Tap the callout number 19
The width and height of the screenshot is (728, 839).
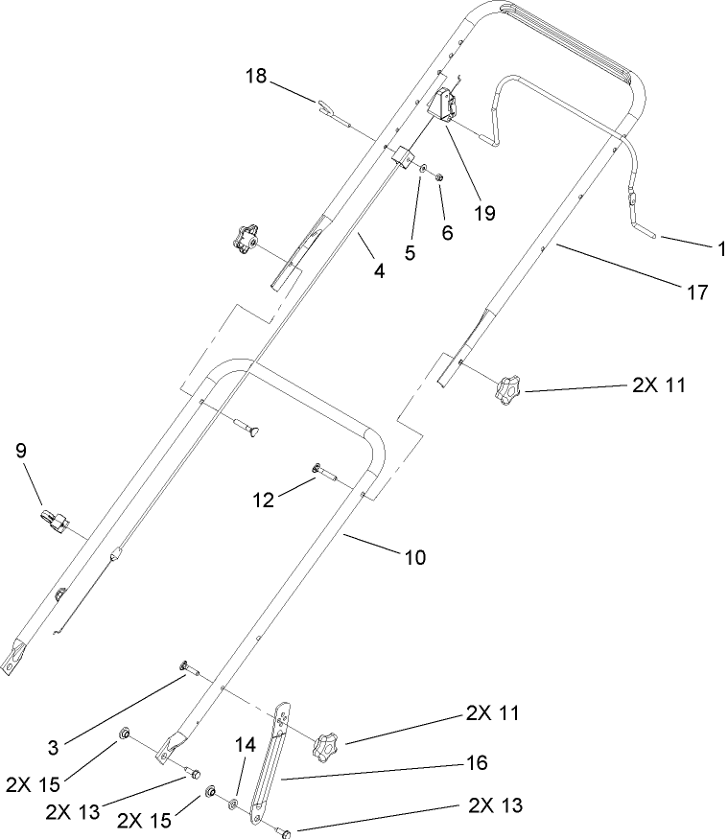(x=485, y=213)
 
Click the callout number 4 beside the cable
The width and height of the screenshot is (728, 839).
(x=379, y=271)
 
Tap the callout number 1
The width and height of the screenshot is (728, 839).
(x=719, y=249)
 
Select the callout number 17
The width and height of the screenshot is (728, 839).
(x=698, y=292)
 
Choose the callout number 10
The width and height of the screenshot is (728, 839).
(x=417, y=555)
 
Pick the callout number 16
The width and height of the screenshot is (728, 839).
(x=477, y=763)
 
